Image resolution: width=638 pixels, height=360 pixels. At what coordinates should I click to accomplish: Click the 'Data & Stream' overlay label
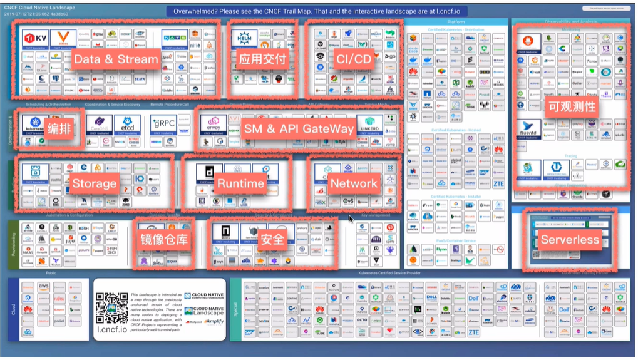click(116, 59)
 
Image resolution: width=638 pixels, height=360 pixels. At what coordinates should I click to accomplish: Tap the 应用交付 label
click(263, 59)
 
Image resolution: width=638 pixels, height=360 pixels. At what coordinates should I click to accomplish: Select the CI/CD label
click(354, 59)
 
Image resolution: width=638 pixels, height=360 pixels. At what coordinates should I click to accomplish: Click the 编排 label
click(62, 128)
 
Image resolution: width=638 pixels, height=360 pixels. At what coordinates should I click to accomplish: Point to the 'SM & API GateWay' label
click(299, 128)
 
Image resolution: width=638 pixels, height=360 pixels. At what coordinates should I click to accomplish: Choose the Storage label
click(94, 183)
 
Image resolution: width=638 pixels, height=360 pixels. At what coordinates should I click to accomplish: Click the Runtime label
click(240, 183)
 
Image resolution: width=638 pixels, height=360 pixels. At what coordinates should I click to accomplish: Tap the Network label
click(354, 183)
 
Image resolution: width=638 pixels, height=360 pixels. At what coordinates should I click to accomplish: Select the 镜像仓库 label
click(163, 239)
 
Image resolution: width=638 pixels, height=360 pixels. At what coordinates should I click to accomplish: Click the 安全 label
click(274, 239)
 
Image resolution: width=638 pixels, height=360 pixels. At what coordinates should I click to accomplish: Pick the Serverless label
click(570, 240)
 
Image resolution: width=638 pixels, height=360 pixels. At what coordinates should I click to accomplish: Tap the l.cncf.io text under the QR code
click(112, 329)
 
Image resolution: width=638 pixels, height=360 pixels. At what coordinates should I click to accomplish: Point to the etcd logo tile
click(128, 124)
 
